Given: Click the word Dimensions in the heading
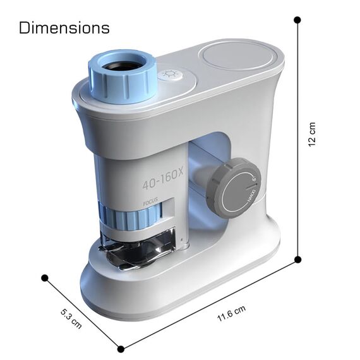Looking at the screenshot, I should click(64, 28).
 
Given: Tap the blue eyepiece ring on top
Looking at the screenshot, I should click(123, 79).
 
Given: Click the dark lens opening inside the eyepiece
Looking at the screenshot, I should click(123, 64).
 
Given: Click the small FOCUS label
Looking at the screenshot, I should click(151, 204).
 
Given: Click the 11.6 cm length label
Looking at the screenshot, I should click(229, 313).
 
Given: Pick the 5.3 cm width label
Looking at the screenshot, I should click(71, 317).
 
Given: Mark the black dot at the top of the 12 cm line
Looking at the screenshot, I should click(297, 20).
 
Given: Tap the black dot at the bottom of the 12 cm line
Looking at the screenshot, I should click(298, 259).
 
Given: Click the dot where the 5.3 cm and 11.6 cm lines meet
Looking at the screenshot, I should click(121, 348).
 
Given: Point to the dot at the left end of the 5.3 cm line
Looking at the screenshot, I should click(44, 278).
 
